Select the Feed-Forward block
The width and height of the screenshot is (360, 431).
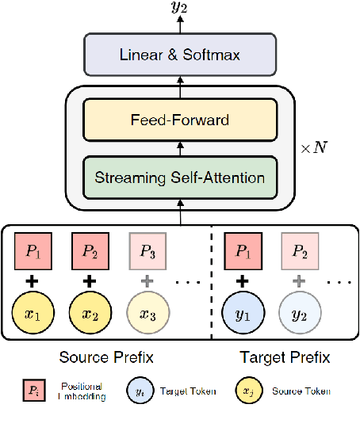tap(179, 120)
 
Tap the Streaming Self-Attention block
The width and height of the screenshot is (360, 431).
tap(179, 177)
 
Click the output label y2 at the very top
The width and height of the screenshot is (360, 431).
tap(179, 10)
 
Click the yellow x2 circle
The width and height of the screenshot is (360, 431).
tap(90, 313)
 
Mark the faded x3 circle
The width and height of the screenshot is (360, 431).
tap(147, 313)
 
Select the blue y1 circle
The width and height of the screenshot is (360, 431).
tap(243, 313)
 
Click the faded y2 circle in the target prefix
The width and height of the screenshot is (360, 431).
tap(299, 313)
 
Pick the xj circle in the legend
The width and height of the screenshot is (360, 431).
tap(249, 390)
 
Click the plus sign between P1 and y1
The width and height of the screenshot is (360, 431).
tap(243, 280)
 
